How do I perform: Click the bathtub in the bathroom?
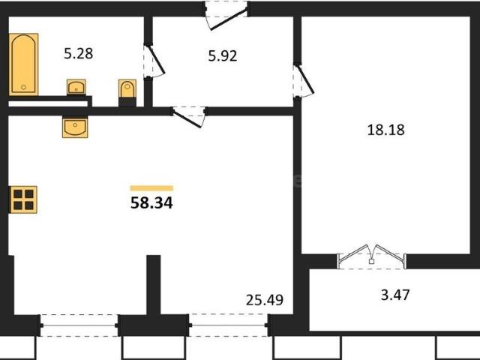pyautogui.click(x=23, y=63)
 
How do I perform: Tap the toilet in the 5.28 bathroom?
pyautogui.click(x=126, y=91)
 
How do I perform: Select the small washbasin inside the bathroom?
pyautogui.click(x=76, y=87)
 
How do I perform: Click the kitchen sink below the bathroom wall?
pyautogui.click(x=76, y=127)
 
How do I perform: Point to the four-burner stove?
pyautogui.click(x=22, y=199)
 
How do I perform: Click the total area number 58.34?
pyautogui.click(x=151, y=202)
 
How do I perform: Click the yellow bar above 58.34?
pyautogui.click(x=151, y=187)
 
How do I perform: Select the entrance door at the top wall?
pyautogui.click(x=227, y=16)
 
